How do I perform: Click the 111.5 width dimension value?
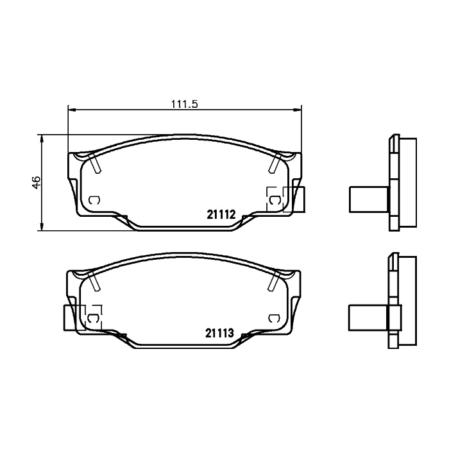[185, 104]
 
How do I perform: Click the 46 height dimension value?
[37, 182]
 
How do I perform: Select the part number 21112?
[221, 214]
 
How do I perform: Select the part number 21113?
[219, 333]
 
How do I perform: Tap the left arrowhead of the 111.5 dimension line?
[72, 110]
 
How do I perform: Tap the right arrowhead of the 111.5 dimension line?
[298, 110]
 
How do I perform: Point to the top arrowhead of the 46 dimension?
[42, 139]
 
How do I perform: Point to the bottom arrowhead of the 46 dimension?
[42, 227]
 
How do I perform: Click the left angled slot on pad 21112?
[96, 163]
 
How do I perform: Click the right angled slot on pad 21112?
[275, 163]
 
